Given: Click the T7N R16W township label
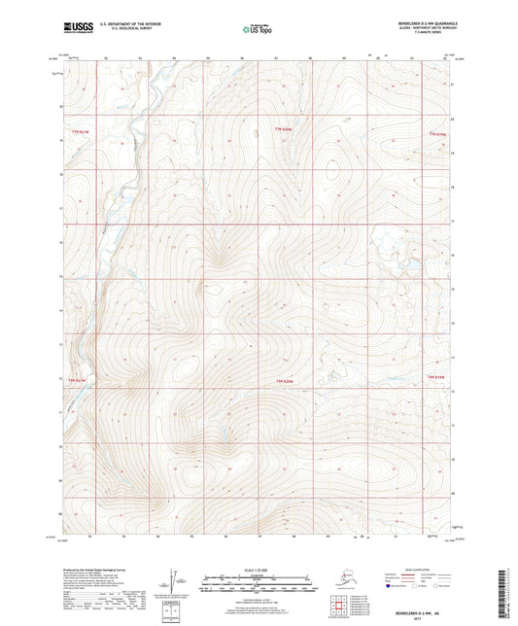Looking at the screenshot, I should [x=282, y=130].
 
